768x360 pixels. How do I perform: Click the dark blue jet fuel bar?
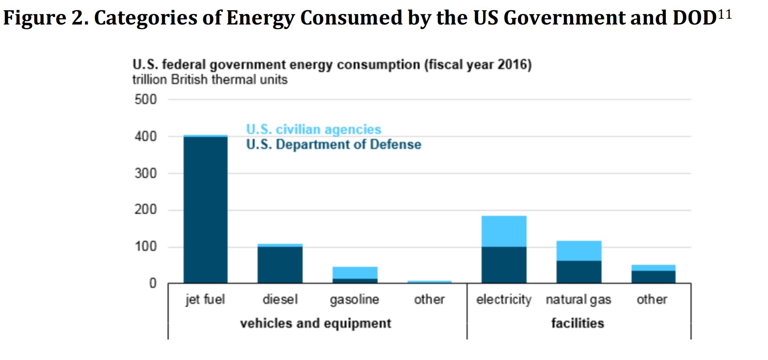pos(205,209)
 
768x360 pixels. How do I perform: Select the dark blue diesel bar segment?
pos(280,264)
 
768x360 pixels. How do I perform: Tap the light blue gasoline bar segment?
pos(355,272)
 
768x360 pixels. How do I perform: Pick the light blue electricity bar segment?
pos(504,231)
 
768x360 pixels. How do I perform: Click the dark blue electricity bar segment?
pos(504,265)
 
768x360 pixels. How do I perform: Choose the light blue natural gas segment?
pos(579,250)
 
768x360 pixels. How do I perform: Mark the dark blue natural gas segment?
pos(579,272)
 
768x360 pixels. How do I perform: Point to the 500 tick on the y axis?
pos(146,99)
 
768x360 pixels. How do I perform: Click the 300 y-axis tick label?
pos(146,173)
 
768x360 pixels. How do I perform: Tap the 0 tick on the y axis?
pos(153,283)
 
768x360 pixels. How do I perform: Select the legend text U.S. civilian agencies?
pos(314,129)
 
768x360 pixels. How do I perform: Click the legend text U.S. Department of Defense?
pos(333,144)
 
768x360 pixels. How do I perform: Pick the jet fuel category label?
pos(205,299)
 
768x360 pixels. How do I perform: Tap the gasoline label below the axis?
pos(354,299)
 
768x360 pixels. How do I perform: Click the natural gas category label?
pos(578,299)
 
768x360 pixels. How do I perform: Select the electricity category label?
pos(504,299)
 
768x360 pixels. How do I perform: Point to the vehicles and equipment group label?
pos(316,323)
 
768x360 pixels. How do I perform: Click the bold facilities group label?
pos(578,323)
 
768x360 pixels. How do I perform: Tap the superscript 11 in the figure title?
pos(725,14)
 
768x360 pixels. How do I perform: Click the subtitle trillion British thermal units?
pos(210,80)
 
